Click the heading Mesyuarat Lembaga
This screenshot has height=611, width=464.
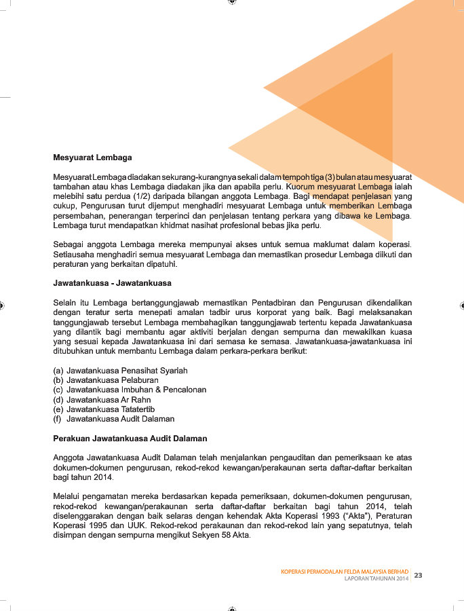(92, 158)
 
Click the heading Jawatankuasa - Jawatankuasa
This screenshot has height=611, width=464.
(112, 282)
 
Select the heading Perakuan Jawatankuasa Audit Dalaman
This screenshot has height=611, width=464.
(130, 439)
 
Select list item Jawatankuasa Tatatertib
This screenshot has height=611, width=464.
(111, 409)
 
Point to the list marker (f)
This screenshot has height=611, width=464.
(58, 419)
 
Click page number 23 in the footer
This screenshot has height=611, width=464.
(419, 575)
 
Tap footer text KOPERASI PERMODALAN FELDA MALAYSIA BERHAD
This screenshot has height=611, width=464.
(345, 572)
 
